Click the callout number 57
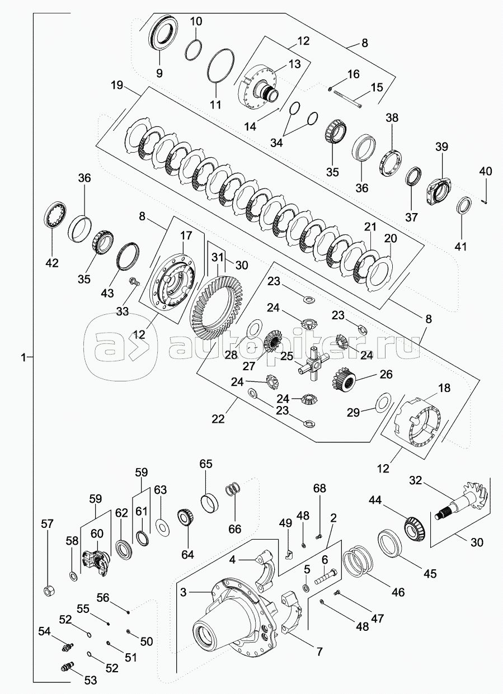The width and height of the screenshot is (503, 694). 48,524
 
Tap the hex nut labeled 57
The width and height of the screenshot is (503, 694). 48,591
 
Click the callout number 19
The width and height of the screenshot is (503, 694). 116,87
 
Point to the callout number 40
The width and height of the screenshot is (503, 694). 485,172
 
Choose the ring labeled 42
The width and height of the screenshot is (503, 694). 55,215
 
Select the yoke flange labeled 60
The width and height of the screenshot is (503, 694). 96,560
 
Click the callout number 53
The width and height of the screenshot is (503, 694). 90,681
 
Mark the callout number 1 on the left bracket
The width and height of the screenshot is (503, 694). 23,357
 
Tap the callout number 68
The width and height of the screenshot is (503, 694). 319,488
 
